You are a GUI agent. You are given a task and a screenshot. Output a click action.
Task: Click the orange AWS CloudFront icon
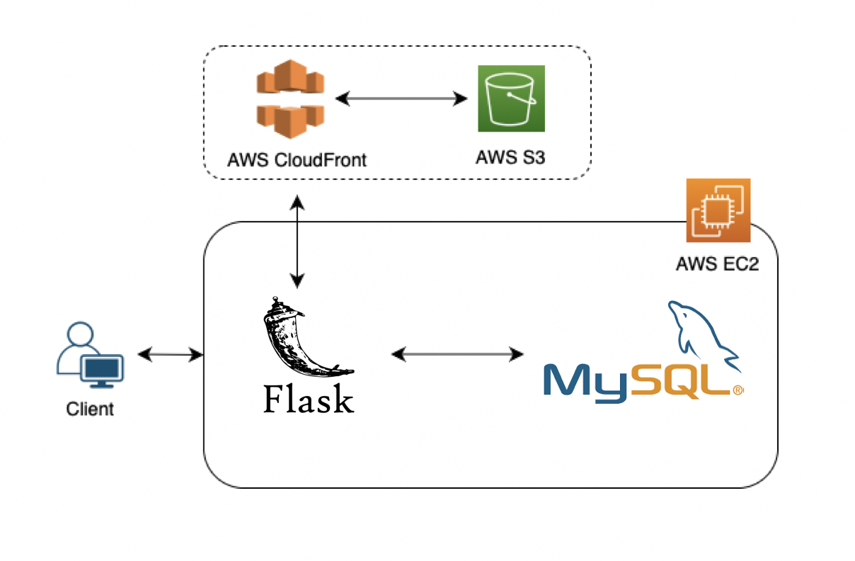tap(290, 98)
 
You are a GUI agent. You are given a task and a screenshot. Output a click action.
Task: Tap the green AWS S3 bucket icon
tap(511, 98)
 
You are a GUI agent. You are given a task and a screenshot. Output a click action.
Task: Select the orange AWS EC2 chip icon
tap(718, 210)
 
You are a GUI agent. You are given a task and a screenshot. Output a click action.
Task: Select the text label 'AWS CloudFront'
tap(297, 159)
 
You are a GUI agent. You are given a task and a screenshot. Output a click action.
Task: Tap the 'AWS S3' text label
tap(510, 157)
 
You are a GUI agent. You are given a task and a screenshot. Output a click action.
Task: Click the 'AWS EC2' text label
tap(718, 265)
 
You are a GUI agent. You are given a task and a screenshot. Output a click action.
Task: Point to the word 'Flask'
tap(308, 399)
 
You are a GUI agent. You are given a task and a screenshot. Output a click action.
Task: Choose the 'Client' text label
tap(90, 409)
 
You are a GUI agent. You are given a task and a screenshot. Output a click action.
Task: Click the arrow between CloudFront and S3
tap(404, 99)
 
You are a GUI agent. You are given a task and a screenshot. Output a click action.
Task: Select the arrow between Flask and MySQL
tap(457, 353)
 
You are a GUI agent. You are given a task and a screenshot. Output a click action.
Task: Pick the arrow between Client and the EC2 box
tap(170, 354)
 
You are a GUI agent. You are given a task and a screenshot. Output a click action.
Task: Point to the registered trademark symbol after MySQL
tap(738, 390)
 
